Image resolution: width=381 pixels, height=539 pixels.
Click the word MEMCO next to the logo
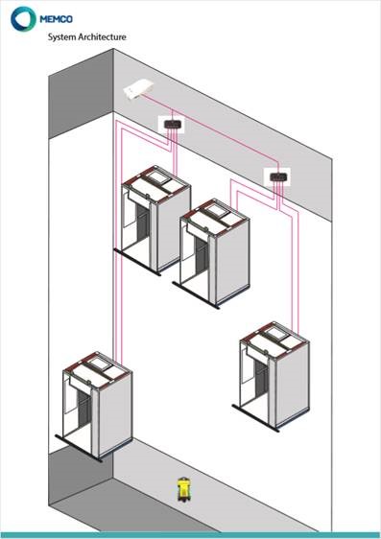pyautogui.click(x=56, y=19)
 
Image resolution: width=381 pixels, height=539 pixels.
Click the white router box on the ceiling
pyautogui.click(x=138, y=89)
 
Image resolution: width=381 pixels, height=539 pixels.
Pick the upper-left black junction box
pyautogui.click(x=171, y=124)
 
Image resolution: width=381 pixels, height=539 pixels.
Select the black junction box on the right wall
pyautogui.click(x=277, y=177)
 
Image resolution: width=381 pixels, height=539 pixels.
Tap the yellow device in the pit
pyautogui.click(x=183, y=490)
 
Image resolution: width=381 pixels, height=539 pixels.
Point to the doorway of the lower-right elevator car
pyautogui.click(x=261, y=377)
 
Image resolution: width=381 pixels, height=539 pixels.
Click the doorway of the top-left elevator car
pyautogui.click(x=143, y=223)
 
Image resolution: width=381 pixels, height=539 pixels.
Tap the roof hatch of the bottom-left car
pyautogui.click(x=100, y=364)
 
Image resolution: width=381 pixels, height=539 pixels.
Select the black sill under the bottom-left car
pyautogui.click(x=79, y=449)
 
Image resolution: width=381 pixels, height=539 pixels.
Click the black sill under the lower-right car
pyautogui.click(x=255, y=418)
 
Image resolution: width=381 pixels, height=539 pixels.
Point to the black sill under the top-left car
pyautogui.click(x=137, y=262)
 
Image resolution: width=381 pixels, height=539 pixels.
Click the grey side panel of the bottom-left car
pyautogui.click(x=115, y=414)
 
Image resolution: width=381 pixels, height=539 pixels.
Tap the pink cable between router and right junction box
pyautogui.click(x=210, y=129)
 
